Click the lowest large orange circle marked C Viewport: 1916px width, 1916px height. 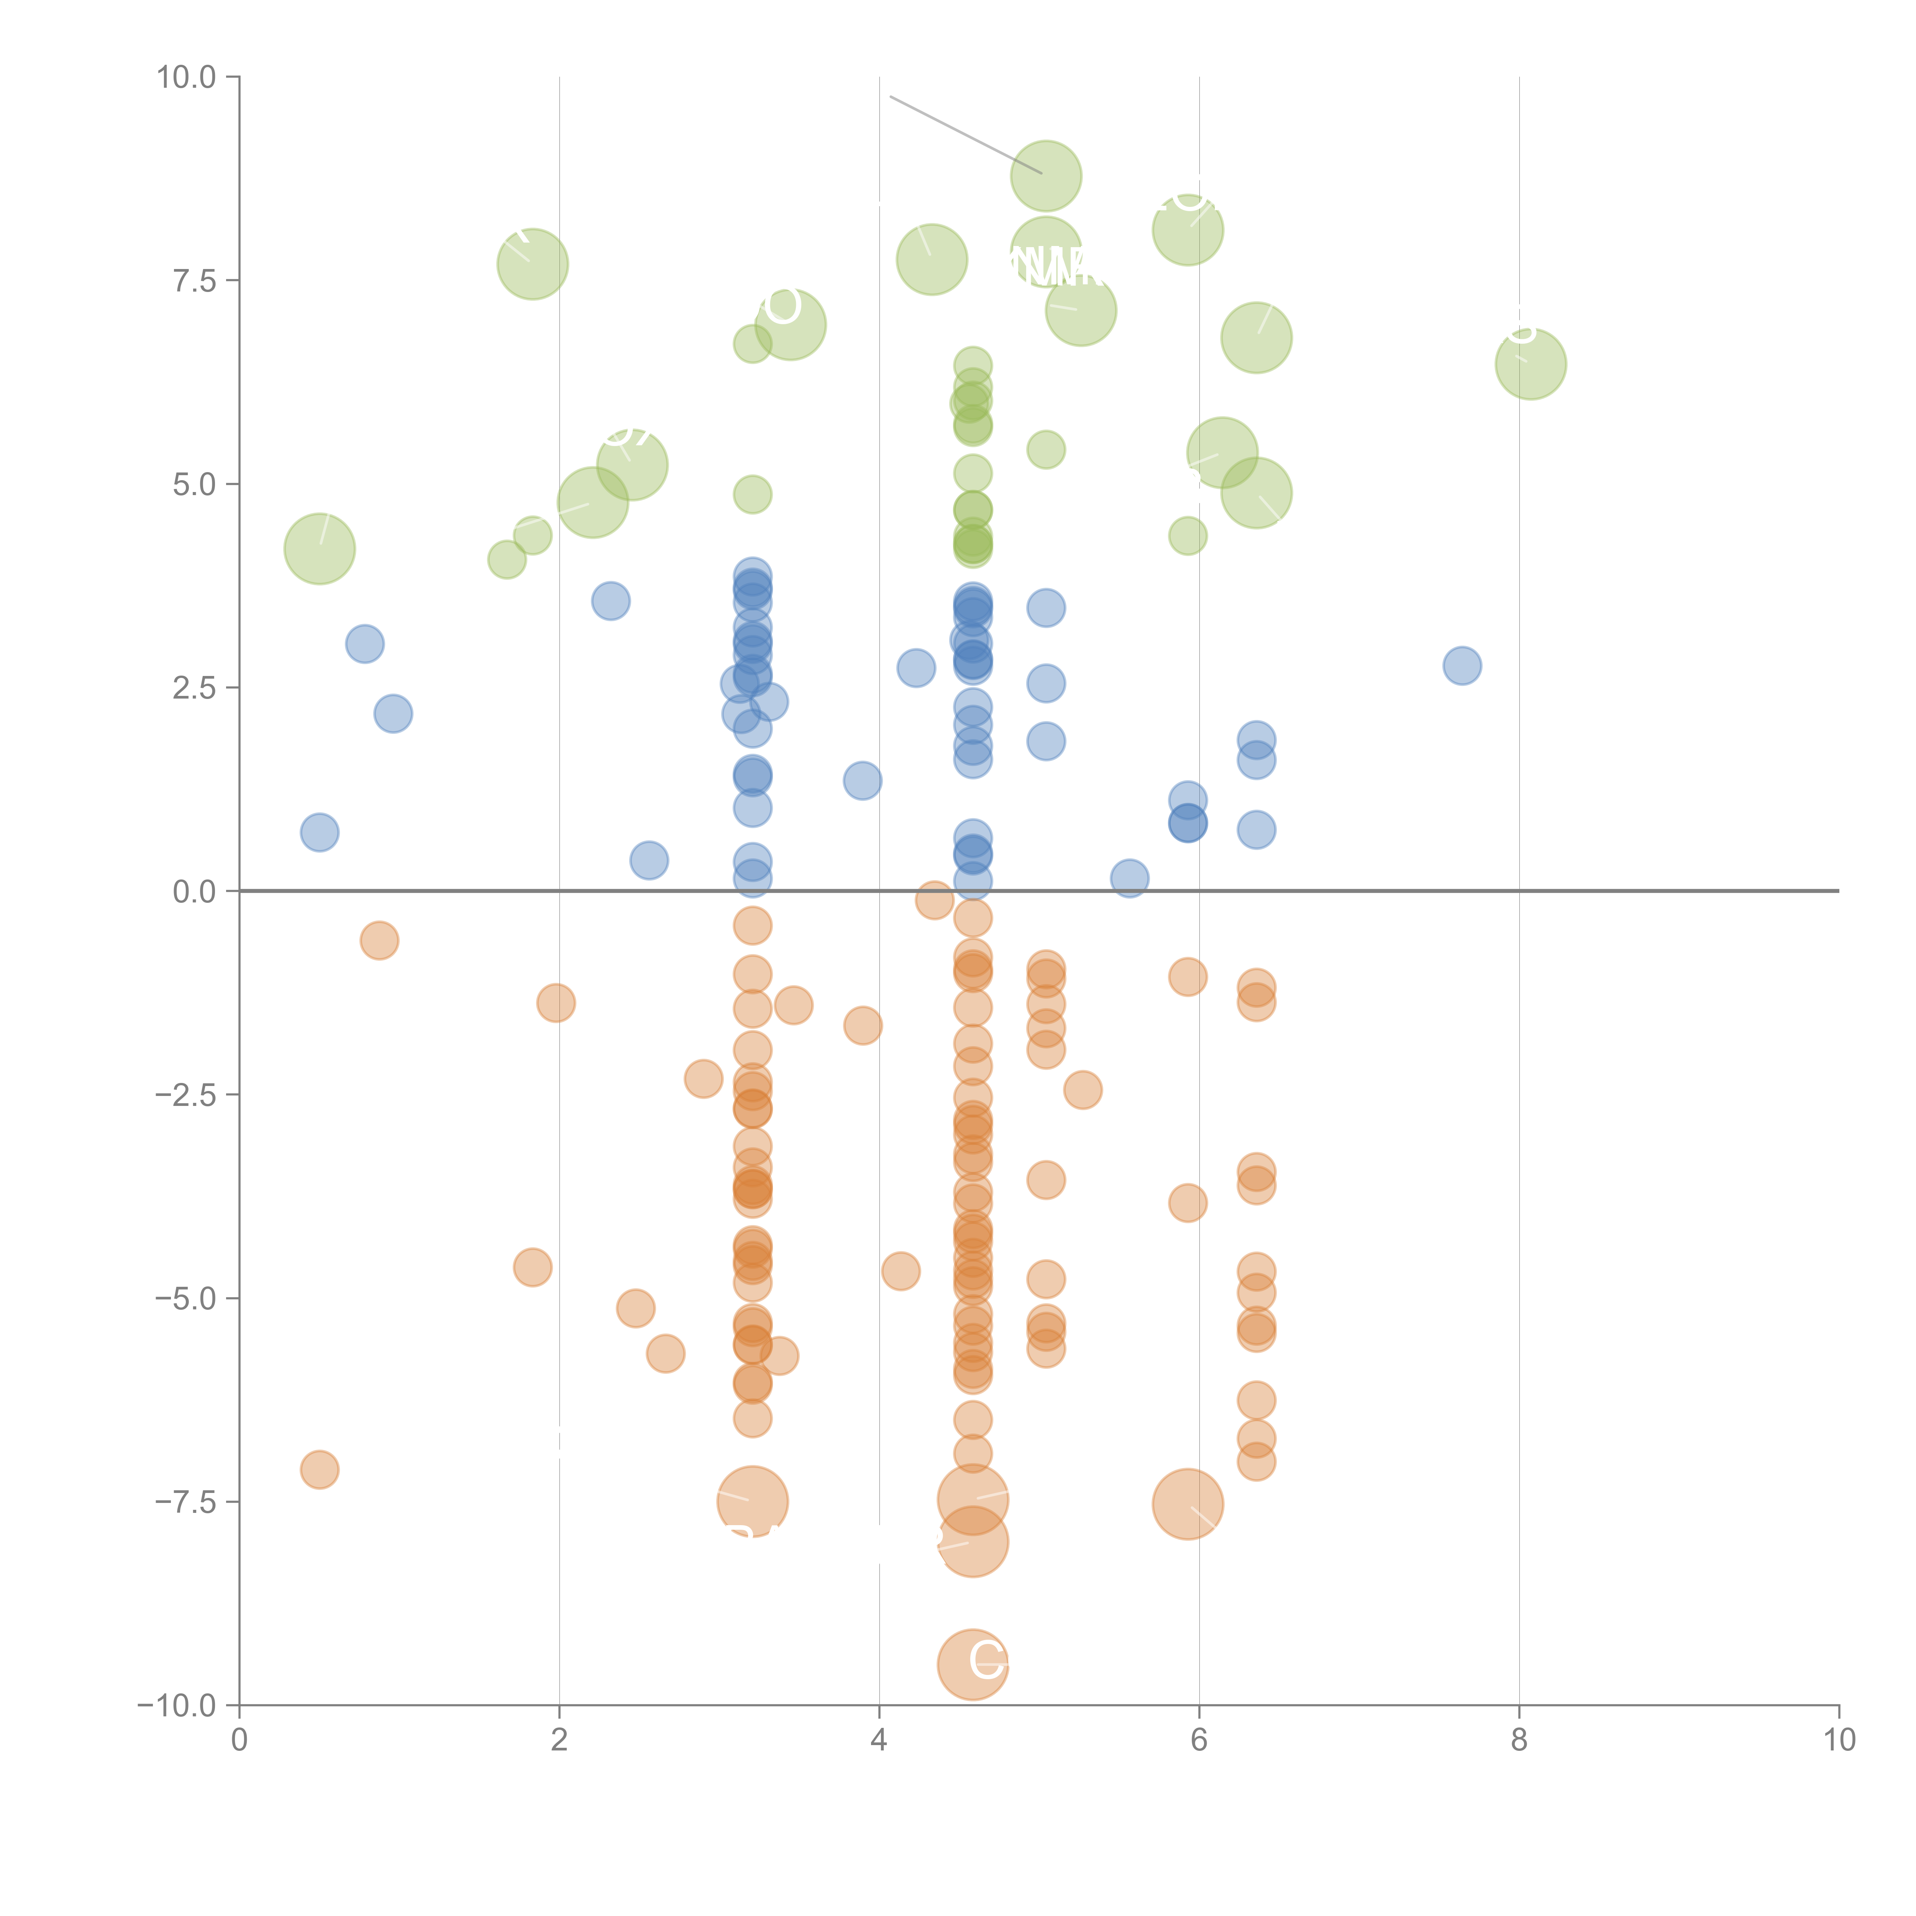coord(972,1664)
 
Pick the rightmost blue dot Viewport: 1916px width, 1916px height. coord(1462,666)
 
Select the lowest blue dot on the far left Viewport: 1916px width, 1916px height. coord(319,832)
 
